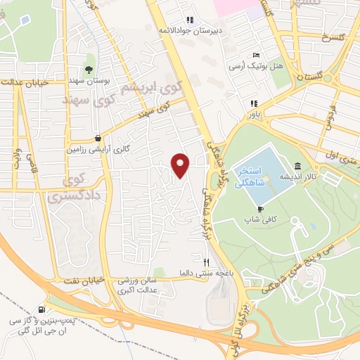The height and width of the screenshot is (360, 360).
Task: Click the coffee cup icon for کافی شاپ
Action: pos(261,209)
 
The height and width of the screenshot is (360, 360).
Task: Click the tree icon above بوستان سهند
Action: pos(89,69)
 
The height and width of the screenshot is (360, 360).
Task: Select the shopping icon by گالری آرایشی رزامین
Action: pos(104,137)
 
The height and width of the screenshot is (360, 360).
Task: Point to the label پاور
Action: pos(252,112)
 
